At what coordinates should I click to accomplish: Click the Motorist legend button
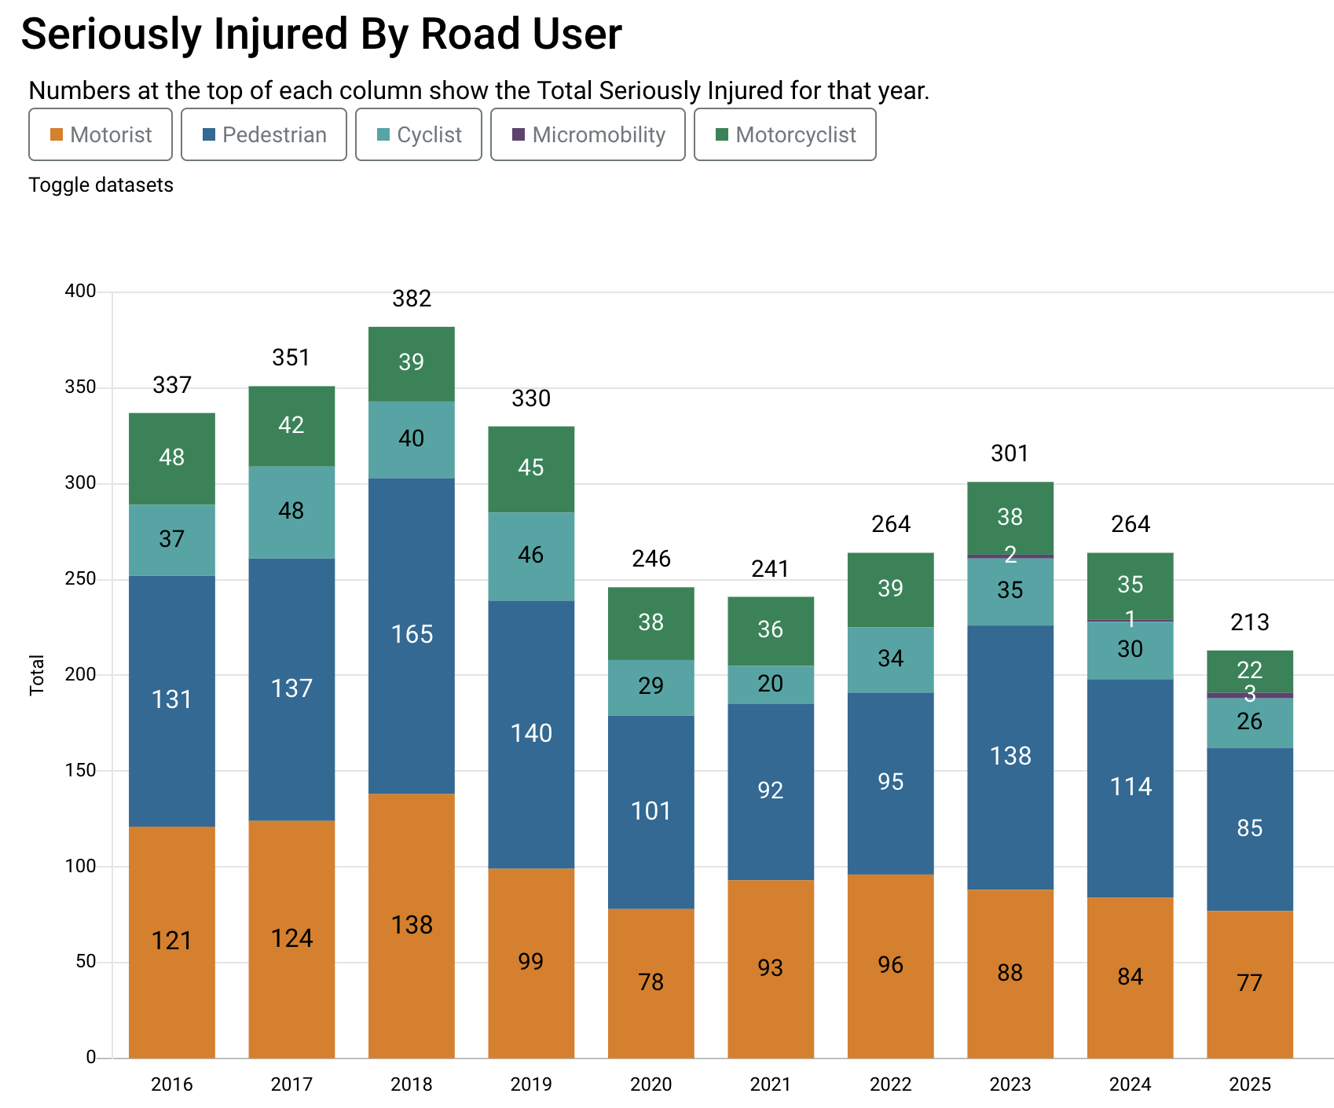click(101, 134)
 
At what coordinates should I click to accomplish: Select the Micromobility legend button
click(588, 134)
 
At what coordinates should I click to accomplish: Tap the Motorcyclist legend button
click(785, 134)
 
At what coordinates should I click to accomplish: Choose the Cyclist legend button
click(418, 134)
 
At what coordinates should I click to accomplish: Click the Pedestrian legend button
click(263, 134)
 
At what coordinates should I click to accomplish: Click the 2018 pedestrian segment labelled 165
click(412, 634)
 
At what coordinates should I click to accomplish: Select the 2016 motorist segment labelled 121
click(172, 941)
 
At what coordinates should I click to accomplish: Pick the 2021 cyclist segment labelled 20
click(771, 684)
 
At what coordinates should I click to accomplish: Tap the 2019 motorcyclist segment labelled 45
click(531, 468)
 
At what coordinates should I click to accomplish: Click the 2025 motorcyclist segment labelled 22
click(1250, 670)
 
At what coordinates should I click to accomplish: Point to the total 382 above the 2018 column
click(412, 299)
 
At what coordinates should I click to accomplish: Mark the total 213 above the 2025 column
click(1250, 622)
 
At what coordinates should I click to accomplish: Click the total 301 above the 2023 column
click(1010, 453)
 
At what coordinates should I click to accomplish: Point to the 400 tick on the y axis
click(80, 292)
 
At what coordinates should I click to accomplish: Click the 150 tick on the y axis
click(80, 770)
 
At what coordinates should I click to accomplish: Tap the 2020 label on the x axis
click(651, 1084)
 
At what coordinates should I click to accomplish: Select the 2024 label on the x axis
click(1131, 1084)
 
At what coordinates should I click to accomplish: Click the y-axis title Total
click(37, 674)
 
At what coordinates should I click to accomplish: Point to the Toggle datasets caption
click(101, 185)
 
